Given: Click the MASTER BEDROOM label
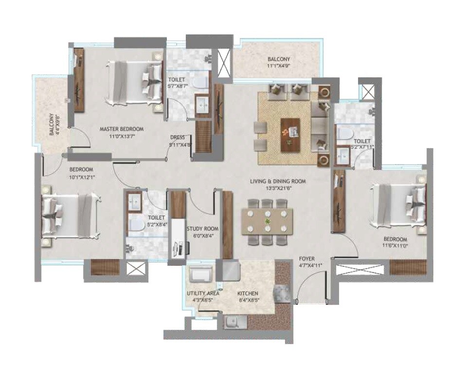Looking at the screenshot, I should tap(121, 129).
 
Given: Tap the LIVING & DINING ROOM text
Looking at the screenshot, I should tap(278, 181).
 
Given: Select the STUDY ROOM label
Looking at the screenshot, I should tap(202, 228).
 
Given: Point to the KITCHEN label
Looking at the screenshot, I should tap(248, 294).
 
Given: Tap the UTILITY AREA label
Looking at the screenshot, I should tap(203, 294).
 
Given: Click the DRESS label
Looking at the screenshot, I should tap(177, 137).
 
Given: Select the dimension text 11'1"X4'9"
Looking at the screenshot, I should tap(279, 65).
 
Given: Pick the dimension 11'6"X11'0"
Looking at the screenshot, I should tap(395, 246).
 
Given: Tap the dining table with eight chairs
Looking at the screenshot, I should tap(267, 222).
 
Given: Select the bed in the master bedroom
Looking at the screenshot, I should tap(134, 82).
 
